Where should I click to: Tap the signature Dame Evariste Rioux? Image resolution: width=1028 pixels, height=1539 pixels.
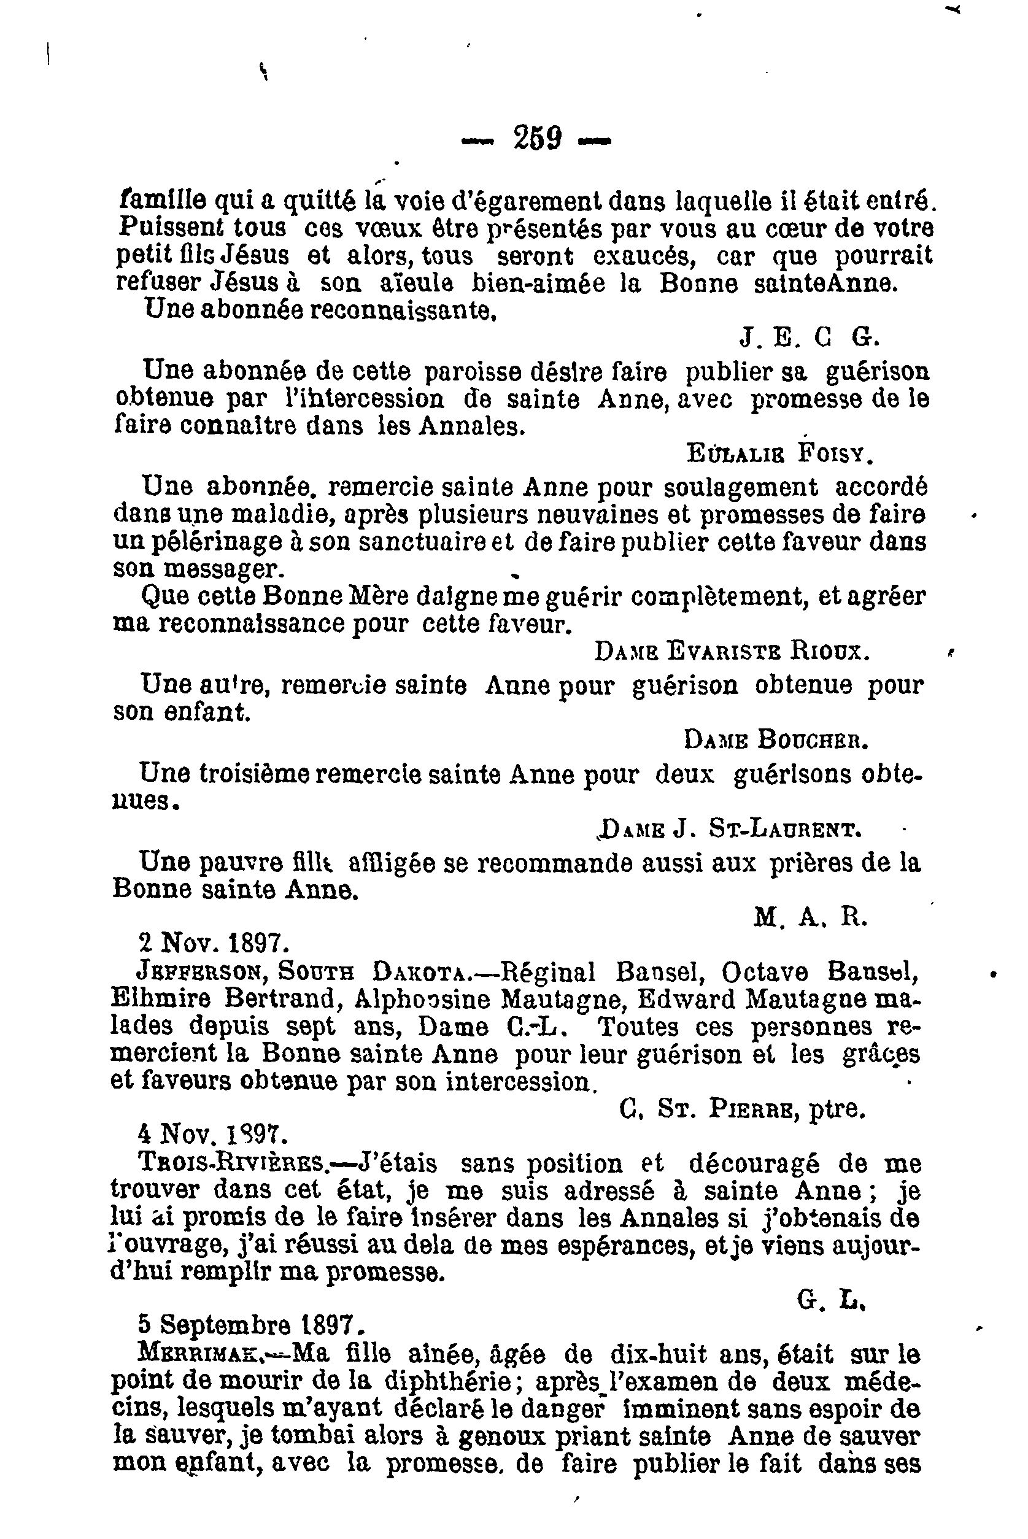click(x=732, y=651)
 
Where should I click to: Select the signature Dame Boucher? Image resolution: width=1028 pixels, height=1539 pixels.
click(x=776, y=740)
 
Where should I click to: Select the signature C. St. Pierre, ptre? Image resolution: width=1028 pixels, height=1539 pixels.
click(x=742, y=1108)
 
